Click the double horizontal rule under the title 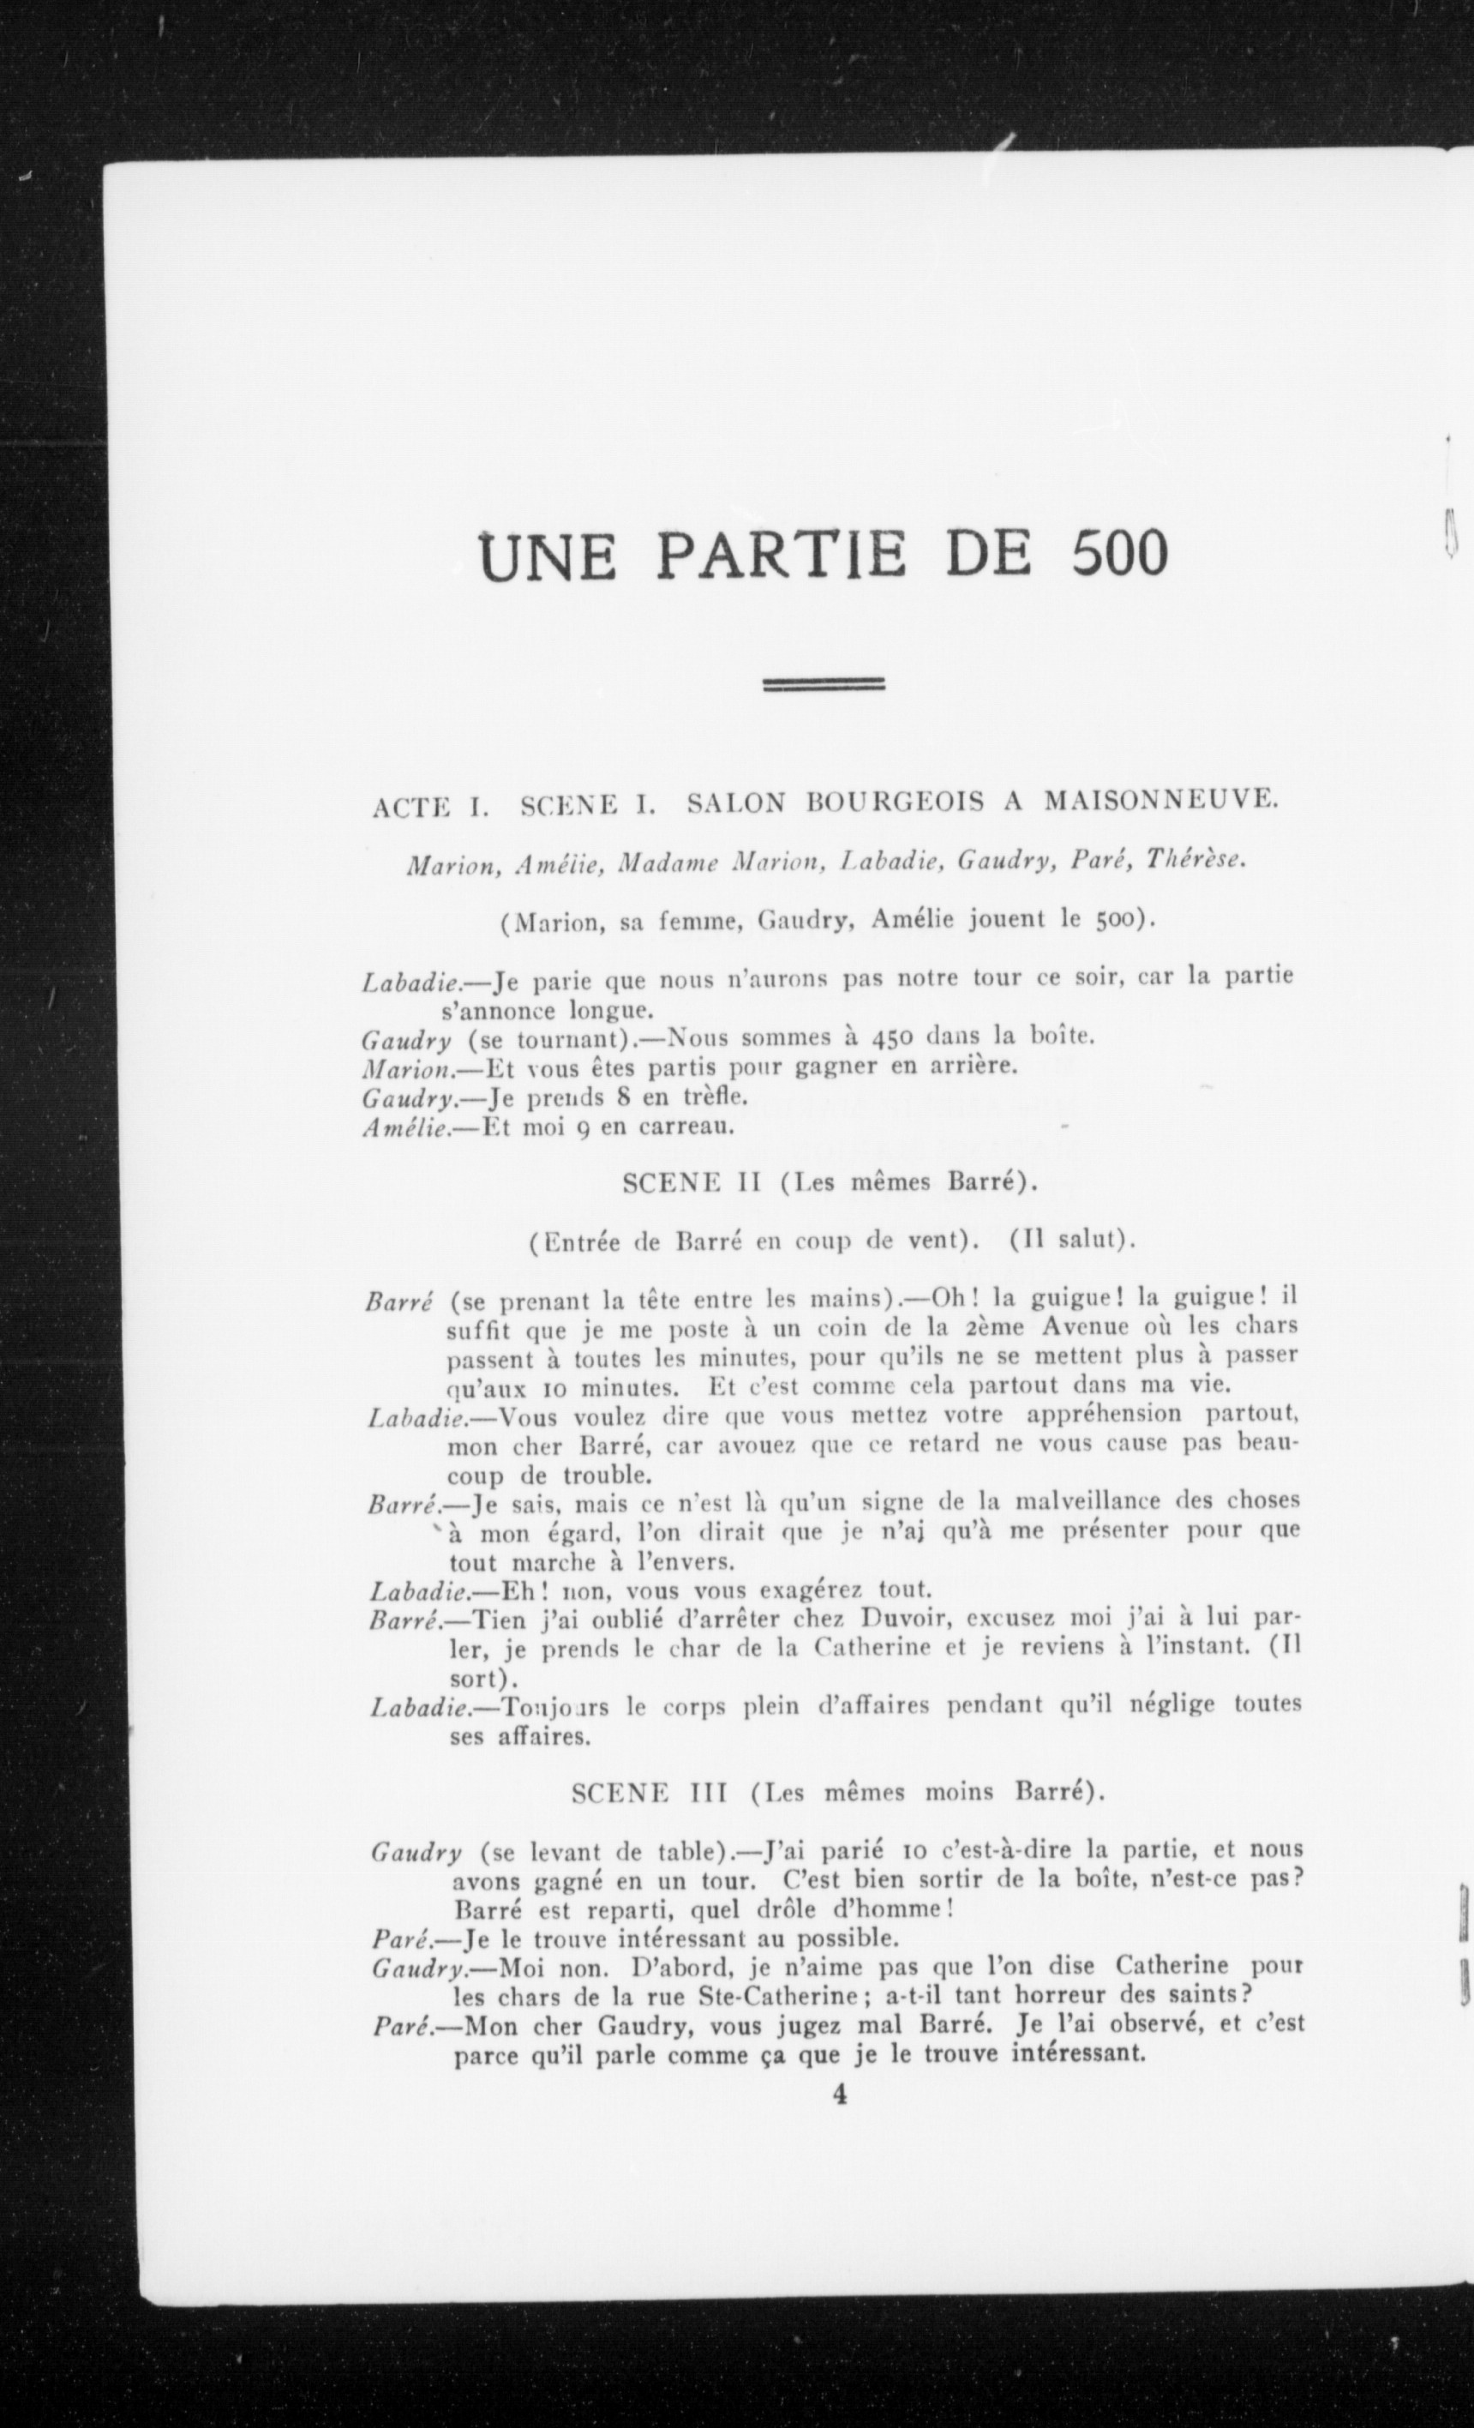(824, 684)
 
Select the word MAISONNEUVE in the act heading (1159, 802)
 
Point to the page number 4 (840, 2093)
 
